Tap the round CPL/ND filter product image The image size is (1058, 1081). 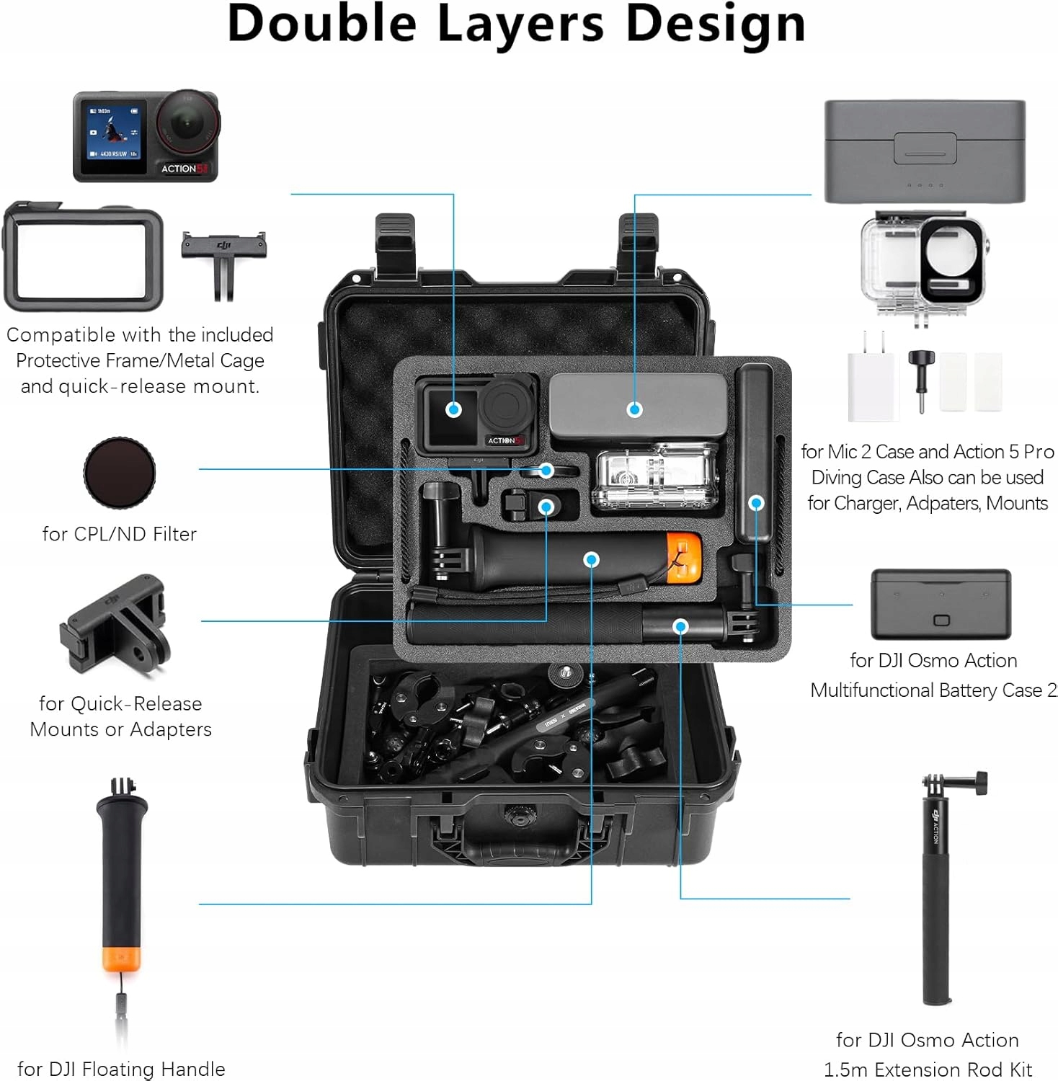[120, 473]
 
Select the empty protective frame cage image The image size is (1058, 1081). [84, 256]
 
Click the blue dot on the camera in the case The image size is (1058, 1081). [453, 409]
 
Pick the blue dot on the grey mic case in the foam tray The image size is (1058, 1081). [634, 409]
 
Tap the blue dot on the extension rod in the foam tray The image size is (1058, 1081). [680, 627]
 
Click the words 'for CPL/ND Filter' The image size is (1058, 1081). [120, 534]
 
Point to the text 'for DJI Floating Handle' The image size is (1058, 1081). [121, 1069]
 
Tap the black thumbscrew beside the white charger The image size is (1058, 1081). [920, 378]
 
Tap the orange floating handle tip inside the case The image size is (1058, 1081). [683, 558]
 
